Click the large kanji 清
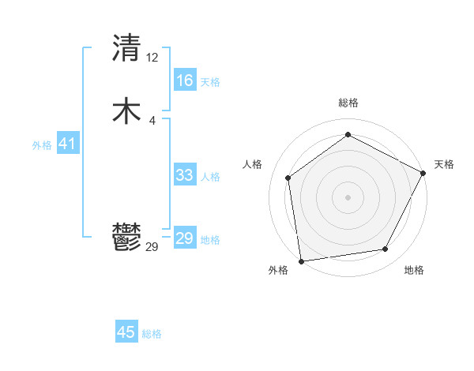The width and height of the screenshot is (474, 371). pyautogui.click(x=126, y=48)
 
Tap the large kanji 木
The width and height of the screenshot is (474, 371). pyautogui.click(x=126, y=111)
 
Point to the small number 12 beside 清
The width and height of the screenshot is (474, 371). pyautogui.click(x=152, y=57)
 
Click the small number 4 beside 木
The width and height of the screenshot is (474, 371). pyautogui.click(x=152, y=120)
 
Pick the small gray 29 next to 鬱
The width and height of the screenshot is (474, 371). pyautogui.click(x=152, y=246)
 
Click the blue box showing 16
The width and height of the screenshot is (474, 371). pyautogui.click(x=184, y=80)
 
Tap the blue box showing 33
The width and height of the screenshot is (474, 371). pyautogui.click(x=184, y=175)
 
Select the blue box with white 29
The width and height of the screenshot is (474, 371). pyautogui.click(x=184, y=238)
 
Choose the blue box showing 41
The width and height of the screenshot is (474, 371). pyautogui.click(x=67, y=144)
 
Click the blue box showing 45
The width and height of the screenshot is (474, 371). pyautogui.click(x=126, y=332)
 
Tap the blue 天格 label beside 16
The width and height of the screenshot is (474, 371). pyautogui.click(x=210, y=82)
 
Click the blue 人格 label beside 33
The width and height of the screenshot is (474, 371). pyautogui.click(x=210, y=177)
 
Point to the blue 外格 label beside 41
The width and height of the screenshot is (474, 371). pyautogui.click(x=42, y=145)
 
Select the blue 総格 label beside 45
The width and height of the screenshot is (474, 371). pyautogui.click(x=152, y=334)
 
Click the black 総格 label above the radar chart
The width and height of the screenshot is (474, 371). pyautogui.click(x=348, y=103)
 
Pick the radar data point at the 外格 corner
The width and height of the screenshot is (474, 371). pyautogui.click(x=301, y=260)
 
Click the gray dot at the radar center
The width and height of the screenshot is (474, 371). pyautogui.click(x=348, y=197)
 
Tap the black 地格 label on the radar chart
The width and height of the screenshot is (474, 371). pyautogui.click(x=414, y=271)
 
